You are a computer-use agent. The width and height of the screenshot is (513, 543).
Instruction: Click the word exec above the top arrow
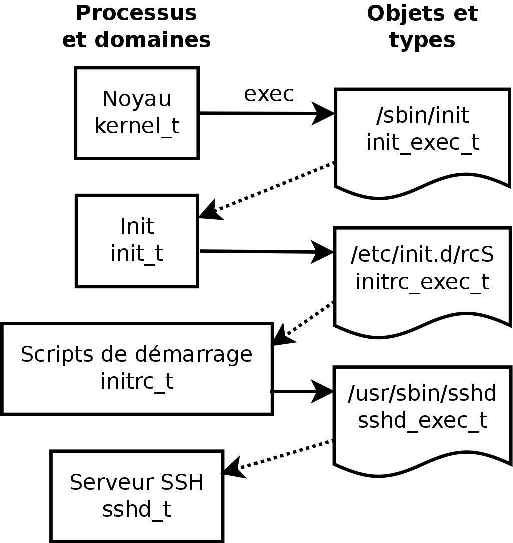click(x=269, y=94)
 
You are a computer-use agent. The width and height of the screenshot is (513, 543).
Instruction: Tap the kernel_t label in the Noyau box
click(x=137, y=126)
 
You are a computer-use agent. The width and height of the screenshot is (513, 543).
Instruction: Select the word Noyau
click(x=137, y=99)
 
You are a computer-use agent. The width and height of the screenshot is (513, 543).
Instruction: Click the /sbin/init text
click(x=422, y=116)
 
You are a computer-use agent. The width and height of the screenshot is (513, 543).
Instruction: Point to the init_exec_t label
click(x=422, y=142)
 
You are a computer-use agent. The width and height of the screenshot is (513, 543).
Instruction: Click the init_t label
click(x=137, y=253)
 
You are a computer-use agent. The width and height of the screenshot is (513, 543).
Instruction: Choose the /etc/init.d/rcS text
click(x=422, y=254)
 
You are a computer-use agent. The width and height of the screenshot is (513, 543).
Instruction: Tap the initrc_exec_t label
click(x=422, y=282)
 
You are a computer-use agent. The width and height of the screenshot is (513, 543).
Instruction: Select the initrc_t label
click(x=137, y=381)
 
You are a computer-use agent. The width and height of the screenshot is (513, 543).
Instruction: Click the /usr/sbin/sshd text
click(x=422, y=394)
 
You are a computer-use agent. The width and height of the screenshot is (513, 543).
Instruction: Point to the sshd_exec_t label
click(x=422, y=421)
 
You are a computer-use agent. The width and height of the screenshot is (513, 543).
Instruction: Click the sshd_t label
click(x=137, y=510)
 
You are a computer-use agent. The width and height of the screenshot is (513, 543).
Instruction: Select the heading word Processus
click(x=136, y=14)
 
